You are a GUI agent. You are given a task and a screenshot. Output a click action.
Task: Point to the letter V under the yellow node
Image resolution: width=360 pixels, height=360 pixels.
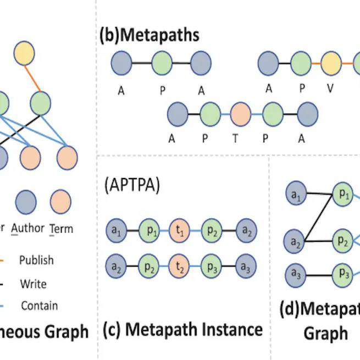(330, 88)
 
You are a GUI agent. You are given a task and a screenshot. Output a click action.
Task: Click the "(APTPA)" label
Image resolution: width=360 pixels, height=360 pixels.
(131, 185)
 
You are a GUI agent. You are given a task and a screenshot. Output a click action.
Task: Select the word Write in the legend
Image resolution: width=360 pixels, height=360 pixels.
(32, 284)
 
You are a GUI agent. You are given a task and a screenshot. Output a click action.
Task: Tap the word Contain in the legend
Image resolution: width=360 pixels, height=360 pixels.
(39, 306)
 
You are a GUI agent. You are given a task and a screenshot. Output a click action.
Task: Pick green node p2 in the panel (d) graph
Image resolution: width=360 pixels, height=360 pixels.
(342, 240)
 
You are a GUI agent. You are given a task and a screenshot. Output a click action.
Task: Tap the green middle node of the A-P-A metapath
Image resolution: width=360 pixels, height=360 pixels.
(162, 63)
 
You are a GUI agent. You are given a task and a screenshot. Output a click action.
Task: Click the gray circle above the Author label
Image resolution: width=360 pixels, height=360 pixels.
(26, 201)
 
